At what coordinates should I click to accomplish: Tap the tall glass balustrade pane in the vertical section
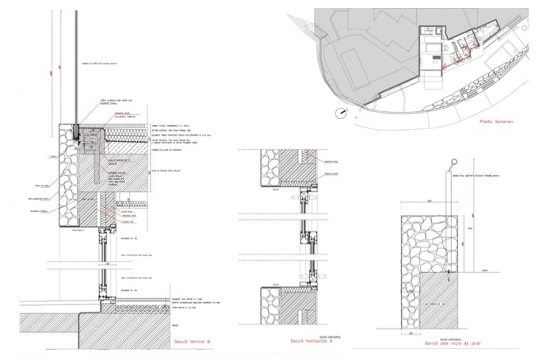click(77, 63)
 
